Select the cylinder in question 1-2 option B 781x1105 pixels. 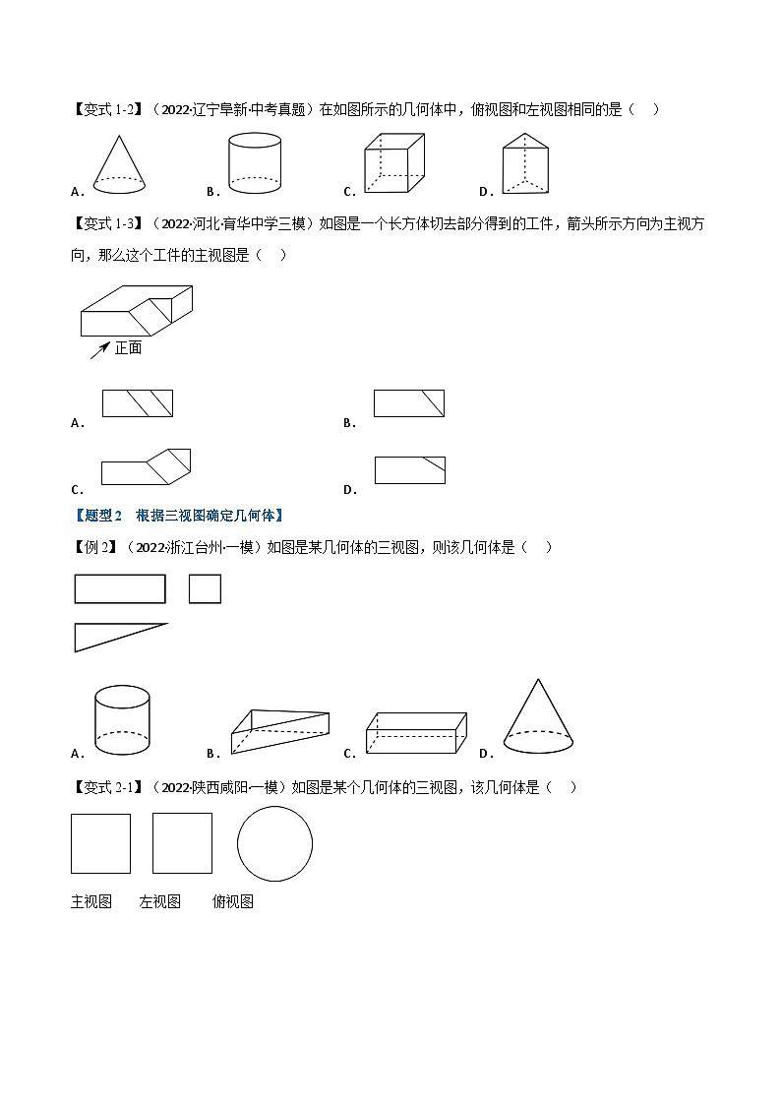[254, 164]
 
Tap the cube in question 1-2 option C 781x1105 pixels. [393, 163]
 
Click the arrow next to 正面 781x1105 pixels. [99, 349]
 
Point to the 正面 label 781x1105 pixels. [129, 347]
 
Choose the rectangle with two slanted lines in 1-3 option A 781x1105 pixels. [138, 403]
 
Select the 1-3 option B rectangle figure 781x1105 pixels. [409, 403]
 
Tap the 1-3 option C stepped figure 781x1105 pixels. [146, 467]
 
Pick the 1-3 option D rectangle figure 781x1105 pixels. [410, 470]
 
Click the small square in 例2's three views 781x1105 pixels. [205, 588]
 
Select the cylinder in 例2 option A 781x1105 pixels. [122, 721]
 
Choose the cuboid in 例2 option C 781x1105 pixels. [416, 733]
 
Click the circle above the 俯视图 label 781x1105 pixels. [274, 844]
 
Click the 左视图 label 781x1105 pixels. [159, 901]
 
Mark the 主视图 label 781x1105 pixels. [91, 901]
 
